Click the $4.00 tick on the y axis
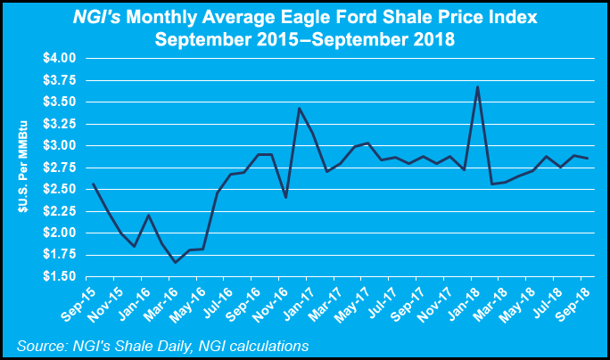pyautogui.click(x=59, y=58)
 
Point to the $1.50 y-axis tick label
pyautogui.click(x=59, y=277)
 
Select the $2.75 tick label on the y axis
pyautogui.click(x=59, y=168)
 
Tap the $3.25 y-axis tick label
pyautogui.click(x=59, y=124)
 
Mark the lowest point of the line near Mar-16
pyautogui.click(x=175, y=262)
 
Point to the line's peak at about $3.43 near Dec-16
pyautogui.click(x=299, y=108)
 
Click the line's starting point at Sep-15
pyautogui.click(x=93, y=184)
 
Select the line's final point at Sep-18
pyautogui.click(x=586, y=158)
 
